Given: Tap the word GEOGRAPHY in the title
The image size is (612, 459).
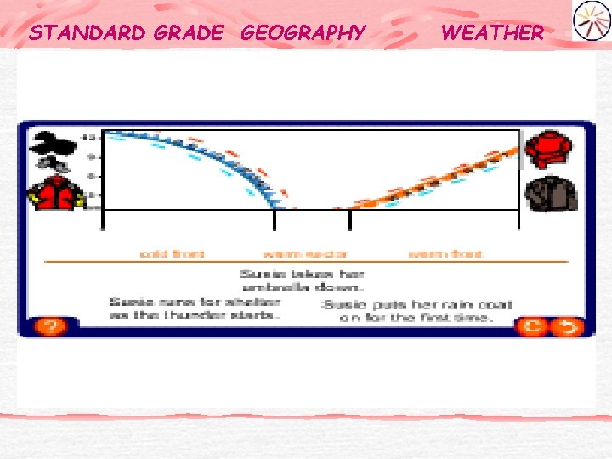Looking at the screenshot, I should [x=303, y=33].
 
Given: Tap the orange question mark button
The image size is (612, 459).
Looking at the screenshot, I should [x=50, y=326].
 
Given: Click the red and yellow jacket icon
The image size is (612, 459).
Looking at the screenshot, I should [x=56, y=194].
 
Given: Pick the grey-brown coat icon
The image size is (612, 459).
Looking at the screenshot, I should [x=550, y=195].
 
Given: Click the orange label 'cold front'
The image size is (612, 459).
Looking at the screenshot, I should [x=172, y=253].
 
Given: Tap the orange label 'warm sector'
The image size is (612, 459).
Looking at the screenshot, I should [x=306, y=253].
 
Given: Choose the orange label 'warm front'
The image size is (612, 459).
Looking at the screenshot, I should [x=445, y=253].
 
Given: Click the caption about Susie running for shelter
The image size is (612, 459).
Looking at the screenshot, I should [x=194, y=308].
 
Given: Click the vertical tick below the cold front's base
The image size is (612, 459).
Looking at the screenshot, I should [x=274, y=219].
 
